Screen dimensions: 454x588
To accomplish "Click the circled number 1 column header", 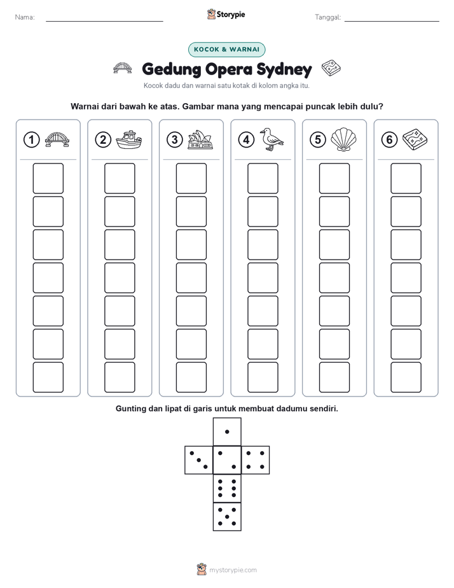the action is [31, 140].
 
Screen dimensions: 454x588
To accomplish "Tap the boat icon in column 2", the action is [129, 140].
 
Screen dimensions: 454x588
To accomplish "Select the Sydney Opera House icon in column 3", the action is [200, 140].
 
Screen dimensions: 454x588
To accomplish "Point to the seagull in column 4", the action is [272, 139].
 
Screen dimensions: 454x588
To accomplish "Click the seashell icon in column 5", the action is [343, 140].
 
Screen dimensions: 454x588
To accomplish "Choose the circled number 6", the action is [390, 140].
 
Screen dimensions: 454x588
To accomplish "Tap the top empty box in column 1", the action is [48, 178].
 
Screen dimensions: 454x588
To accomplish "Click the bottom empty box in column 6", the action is [406, 377].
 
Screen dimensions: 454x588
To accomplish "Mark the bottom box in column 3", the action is [191, 377].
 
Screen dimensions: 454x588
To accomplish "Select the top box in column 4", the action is [263, 178].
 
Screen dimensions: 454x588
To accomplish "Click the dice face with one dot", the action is [227, 431].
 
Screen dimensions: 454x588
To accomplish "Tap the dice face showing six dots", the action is [227, 488].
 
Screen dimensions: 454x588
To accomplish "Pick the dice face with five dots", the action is [227, 517].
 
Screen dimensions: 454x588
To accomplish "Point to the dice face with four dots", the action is [256, 460].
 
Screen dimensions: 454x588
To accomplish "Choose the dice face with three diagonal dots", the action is [198, 460].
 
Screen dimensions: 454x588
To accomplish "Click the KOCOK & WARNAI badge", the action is [226, 50].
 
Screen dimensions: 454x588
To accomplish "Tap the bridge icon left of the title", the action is [123, 68].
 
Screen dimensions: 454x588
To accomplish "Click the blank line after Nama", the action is [104, 21].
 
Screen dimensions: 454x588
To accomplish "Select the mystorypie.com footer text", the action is [233, 570].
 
